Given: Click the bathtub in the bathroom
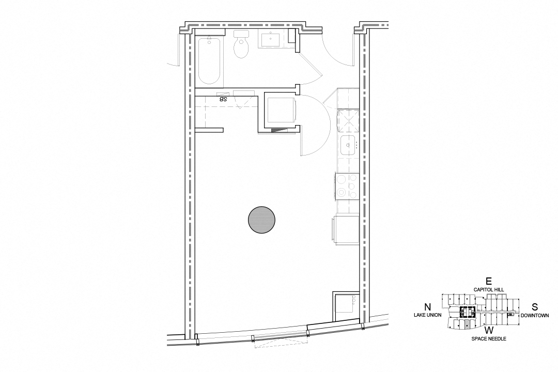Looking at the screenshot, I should (210, 60).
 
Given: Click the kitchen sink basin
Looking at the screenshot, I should (348, 145).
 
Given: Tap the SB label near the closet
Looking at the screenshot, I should (223, 98).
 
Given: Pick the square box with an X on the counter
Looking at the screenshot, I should (348, 120).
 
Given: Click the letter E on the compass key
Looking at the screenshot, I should (489, 282).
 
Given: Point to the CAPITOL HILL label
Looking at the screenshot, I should (489, 290).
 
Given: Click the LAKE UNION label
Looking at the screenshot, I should (427, 315).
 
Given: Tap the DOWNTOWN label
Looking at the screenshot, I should (535, 315).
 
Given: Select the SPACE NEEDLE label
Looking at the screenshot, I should (489, 338).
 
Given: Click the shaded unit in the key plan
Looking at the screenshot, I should (467, 324).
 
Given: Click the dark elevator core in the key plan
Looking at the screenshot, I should (467, 312).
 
